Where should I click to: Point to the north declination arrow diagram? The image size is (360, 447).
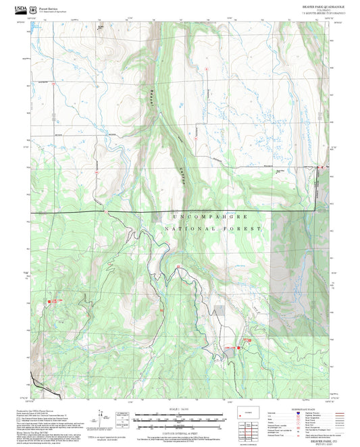(x=103, y=417)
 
